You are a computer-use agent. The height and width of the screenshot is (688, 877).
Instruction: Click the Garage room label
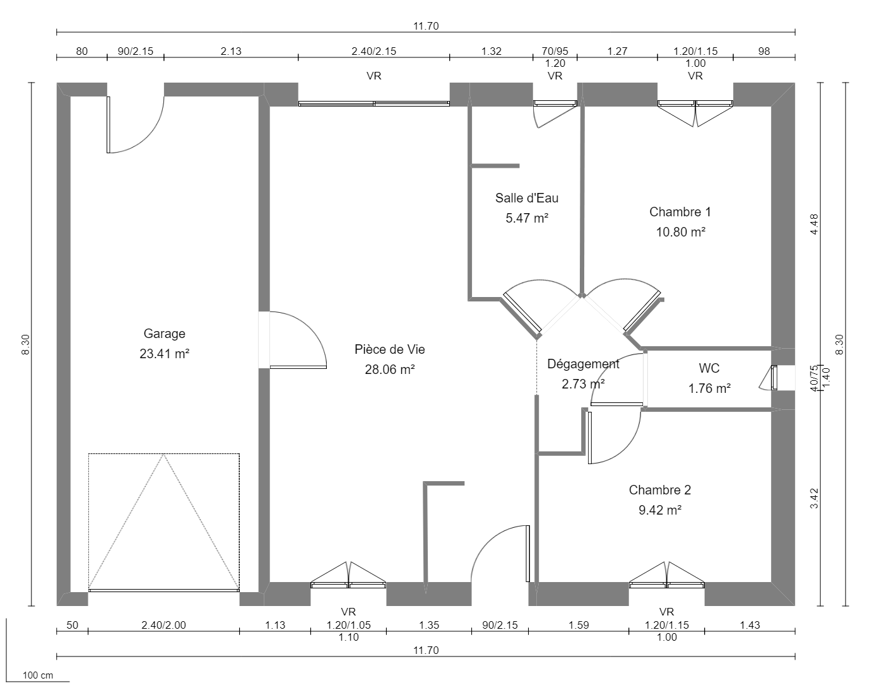coord(164,334)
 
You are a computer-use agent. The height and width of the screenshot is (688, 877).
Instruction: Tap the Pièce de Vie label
coord(389,349)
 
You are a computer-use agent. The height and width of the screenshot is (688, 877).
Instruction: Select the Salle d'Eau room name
coord(526,198)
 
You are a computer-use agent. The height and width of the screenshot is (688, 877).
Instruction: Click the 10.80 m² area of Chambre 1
coord(680,232)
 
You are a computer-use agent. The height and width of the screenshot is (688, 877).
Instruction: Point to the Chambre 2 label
coord(659,490)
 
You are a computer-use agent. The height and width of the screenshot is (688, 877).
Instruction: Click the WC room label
coord(709,368)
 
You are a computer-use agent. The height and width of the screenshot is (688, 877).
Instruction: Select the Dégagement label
coord(583,364)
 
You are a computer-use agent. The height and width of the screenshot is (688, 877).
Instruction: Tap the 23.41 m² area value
coord(164,354)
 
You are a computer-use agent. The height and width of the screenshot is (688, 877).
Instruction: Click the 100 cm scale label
coord(38,675)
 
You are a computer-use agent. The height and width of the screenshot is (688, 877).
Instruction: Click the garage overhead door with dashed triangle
coord(164,522)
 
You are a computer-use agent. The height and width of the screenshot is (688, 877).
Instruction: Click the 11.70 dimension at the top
coord(425,26)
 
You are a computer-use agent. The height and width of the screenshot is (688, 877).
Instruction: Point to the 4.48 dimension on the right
coord(814,224)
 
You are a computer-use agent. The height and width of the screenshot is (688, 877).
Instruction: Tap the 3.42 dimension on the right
coord(814,498)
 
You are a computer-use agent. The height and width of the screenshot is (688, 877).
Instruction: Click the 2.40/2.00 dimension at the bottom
coord(163,625)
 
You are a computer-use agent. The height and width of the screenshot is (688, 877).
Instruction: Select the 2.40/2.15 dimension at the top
coord(374,51)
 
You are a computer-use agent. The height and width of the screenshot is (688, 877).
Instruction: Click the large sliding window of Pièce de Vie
coord(374,103)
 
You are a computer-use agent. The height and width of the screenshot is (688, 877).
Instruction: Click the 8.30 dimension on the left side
coord(25,344)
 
